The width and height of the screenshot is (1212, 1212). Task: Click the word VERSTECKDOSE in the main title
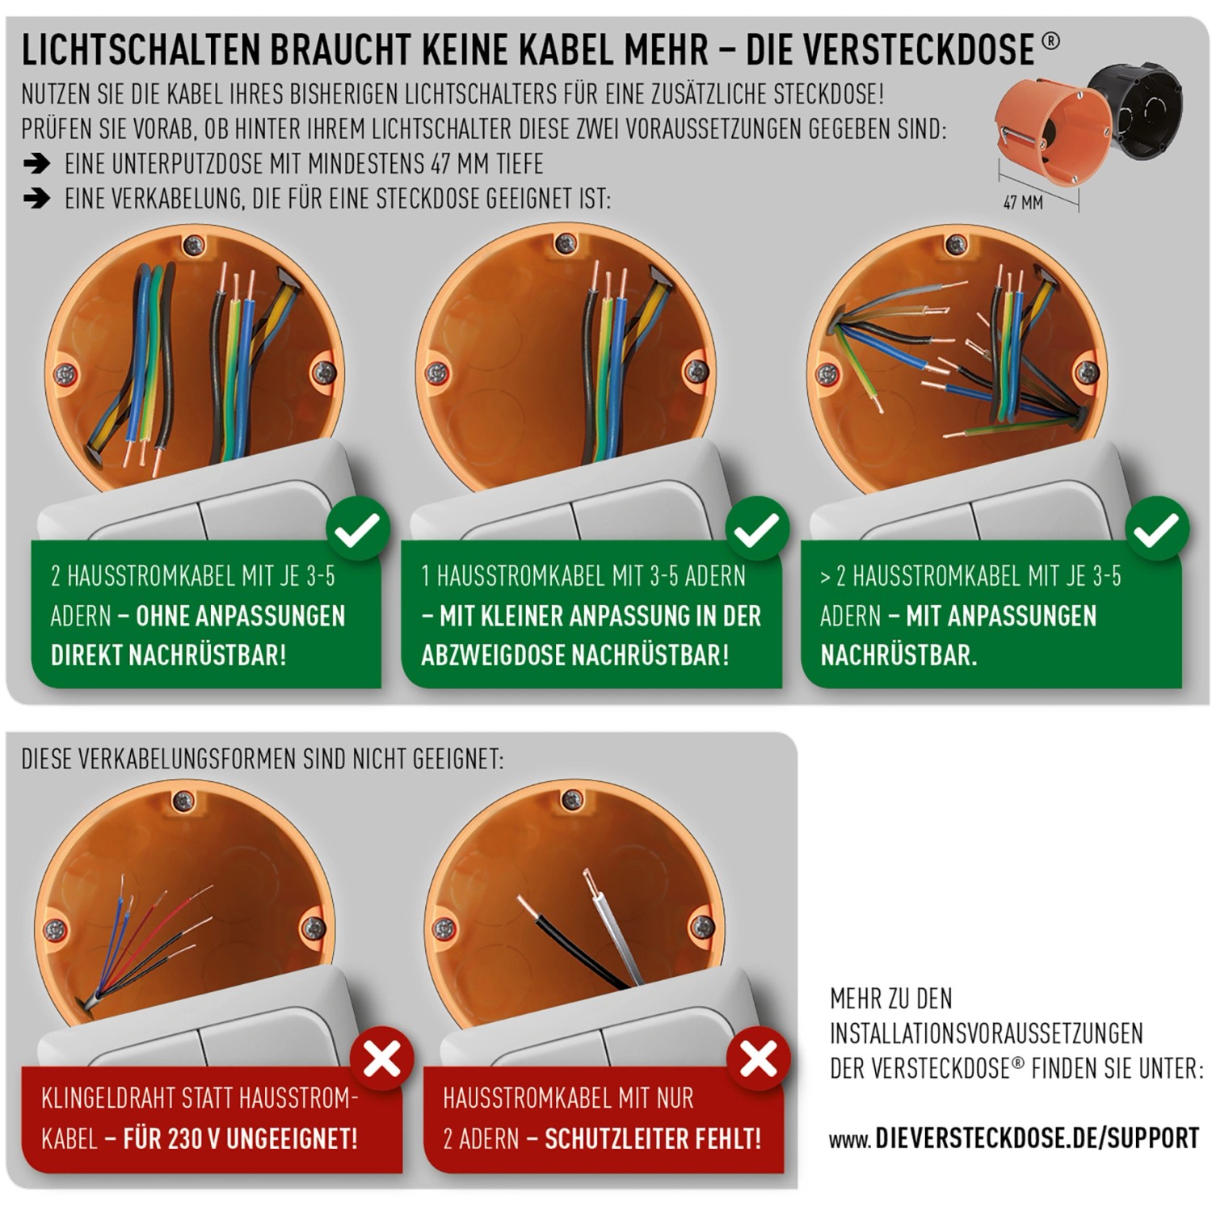point(890,50)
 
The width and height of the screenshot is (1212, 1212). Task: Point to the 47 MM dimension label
point(1023,203)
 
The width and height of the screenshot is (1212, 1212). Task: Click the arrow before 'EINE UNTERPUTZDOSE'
point(36,164)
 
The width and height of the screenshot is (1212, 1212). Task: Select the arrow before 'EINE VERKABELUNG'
point(36,198)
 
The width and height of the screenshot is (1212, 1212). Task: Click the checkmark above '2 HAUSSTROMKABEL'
point(358,529)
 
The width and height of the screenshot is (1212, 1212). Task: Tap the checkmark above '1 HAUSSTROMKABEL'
point(757,529)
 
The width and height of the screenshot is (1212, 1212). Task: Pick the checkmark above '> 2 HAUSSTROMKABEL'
point(1157,529)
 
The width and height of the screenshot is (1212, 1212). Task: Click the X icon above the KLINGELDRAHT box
point(382,1058)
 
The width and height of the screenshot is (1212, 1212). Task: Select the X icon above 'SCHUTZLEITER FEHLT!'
point(758,1058)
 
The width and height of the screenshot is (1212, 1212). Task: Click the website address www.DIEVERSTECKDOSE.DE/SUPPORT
point(1014,1138)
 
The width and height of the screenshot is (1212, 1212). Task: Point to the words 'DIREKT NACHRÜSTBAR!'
point(169,654)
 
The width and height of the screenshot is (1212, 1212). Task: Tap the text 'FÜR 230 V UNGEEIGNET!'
point(241,1138)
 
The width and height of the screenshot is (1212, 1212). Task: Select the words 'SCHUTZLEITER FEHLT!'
point(653,1138)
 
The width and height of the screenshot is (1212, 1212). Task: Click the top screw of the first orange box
point(193,246)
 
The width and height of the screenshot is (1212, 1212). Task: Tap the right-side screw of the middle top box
point(696,372)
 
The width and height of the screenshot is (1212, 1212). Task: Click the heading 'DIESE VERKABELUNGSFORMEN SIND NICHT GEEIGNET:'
point(263,760)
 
